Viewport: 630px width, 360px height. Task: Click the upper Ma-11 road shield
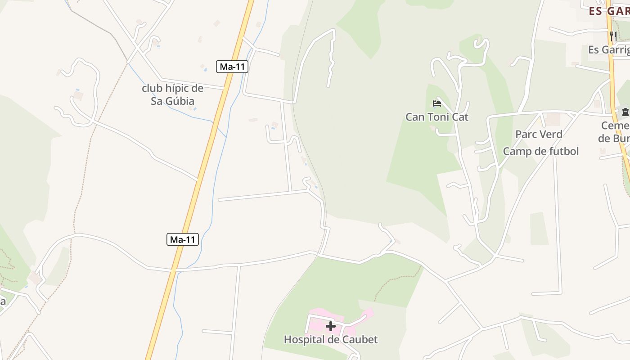232,67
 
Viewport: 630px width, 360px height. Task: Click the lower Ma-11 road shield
183,239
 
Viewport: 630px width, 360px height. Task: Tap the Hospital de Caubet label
331,339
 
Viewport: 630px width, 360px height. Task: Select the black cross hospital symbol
331,326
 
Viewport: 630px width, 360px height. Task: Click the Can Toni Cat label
437,117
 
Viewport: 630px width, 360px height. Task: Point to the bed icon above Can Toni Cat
436,104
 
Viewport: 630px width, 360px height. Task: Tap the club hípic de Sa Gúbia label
173,94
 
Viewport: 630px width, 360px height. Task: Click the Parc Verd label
539,134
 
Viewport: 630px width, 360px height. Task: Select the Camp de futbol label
540,151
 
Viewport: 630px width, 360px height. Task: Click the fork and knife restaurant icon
613,36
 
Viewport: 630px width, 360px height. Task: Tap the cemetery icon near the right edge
625,112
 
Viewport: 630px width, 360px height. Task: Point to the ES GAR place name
609,11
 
